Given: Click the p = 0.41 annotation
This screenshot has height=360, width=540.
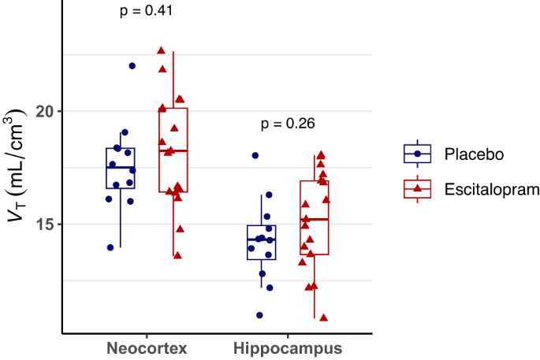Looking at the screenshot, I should tap(146, 11).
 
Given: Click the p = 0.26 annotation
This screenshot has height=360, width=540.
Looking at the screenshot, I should tap(288, 124).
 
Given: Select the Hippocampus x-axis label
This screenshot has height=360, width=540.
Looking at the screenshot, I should tap(288, 347).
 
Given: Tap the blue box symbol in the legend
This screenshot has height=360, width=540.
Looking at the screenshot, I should tap(417, 153).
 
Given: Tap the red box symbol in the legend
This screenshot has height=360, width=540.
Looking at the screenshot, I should tap(417, 189).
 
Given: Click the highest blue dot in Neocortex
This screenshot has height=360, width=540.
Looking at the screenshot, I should tap(132, 66).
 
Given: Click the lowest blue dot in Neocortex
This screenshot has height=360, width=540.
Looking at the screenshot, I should tap(110, 247).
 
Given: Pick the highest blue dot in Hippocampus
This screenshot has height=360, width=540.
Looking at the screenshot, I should tap(255, 156).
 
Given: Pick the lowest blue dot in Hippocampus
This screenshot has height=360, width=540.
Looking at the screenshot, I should tap(259, 315).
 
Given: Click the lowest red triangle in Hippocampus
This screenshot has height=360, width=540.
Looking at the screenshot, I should tap(323, 317).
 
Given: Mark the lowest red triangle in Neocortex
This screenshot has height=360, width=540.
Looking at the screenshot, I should tap(177, 254).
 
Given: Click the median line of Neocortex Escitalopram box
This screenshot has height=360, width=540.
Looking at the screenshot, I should tap(173, 150).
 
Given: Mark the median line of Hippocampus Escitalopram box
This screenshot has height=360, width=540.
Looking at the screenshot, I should tap(314, 219).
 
